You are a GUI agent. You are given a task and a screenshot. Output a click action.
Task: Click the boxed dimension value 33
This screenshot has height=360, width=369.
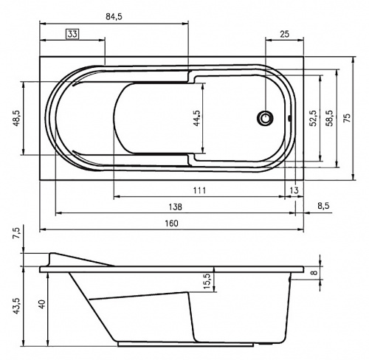(x=72, y=34)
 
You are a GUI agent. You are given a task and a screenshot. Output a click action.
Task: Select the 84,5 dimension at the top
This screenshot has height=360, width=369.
(x=114, y=17)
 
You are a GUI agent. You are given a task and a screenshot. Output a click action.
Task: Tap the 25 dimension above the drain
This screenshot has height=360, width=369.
(x=284, y=34)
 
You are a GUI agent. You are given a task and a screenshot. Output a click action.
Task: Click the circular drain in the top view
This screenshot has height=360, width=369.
(x=265, y=118)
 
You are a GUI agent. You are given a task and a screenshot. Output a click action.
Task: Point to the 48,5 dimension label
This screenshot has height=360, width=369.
(x=16, y=118)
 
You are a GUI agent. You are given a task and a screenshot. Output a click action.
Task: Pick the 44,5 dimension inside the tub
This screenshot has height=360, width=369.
(x=197, y=118)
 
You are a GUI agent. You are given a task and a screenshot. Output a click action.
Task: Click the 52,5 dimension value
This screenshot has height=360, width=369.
(x=314, y=118)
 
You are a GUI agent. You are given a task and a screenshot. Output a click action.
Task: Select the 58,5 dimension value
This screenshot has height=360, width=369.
(x=330, y=118)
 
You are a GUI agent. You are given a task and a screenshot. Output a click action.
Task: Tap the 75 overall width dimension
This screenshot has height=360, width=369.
(x=346, y=118)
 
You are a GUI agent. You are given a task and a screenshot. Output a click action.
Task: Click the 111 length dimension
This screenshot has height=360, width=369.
(x=199, y=190)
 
